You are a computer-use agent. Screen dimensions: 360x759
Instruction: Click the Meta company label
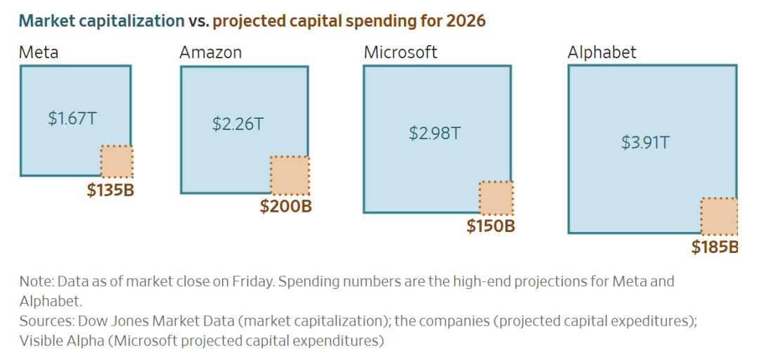[x=39, y=52]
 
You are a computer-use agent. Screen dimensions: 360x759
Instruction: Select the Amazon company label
[x=211, y=52]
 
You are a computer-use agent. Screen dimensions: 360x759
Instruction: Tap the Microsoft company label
[x=401, y=52]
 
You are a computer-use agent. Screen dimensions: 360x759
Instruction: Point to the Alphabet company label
[x=602, y=52]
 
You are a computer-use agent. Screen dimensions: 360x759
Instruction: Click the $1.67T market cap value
[x=72, y=118]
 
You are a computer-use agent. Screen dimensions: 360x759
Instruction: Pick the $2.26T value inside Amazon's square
[x=238, y=124]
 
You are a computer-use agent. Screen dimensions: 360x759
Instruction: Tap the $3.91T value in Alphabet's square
[x=645, y=142]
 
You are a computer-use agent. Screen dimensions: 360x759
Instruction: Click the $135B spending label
[x=110, y=191]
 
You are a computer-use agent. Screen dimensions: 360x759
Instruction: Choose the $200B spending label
[x=285, y=207]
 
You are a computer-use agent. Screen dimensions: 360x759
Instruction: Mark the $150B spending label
[x=491, y=226]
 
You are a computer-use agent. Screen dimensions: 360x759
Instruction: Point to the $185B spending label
[x=714, y=247]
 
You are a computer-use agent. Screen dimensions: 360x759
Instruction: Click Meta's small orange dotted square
[x=117, y=162]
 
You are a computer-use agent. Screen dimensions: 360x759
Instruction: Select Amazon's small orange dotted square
[x=290, y=176]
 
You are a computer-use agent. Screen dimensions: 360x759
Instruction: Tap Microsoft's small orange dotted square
[x=496, y=198]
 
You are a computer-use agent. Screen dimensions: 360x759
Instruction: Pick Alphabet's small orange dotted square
[x=719, y=217]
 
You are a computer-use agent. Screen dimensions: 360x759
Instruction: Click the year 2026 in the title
[x=465, y=20]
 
